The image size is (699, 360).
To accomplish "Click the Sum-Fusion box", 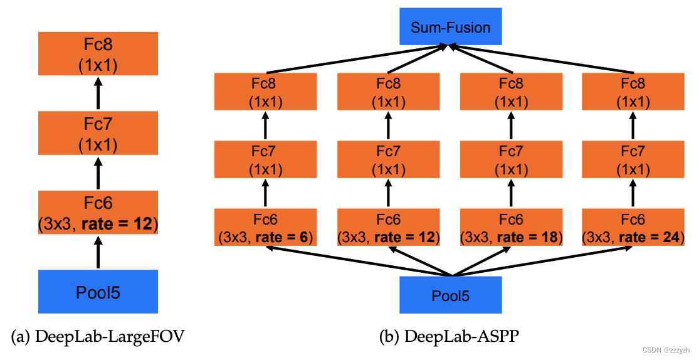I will coord(451,27).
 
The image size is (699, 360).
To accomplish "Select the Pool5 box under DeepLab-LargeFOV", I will coord(98,292).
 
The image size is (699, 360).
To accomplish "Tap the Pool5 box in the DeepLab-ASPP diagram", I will coord(451,295).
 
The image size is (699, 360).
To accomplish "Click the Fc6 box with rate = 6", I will coord(265,228).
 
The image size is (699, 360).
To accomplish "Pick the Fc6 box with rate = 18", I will coord(512,228).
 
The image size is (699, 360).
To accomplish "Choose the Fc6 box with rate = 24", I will coord(633,228).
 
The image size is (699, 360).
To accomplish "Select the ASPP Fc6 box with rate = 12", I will coord(388,228).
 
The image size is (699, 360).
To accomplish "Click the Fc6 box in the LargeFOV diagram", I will coord(98,213).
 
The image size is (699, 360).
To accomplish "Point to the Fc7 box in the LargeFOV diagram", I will coord(98,134).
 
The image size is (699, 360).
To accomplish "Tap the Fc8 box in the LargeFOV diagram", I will coord(98,55).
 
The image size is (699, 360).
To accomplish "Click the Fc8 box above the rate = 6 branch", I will coord(265,91).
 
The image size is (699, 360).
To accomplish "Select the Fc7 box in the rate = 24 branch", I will coord(633,159).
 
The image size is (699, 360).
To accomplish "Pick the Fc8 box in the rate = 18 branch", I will coord(512,91).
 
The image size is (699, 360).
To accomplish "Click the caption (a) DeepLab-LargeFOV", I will coord(98,337).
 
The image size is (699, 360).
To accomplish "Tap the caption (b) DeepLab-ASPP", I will coord(449,337).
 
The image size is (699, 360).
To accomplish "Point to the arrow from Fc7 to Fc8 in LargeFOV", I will coord(98,95).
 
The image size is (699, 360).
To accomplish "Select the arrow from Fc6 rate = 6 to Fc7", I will coord(265,193).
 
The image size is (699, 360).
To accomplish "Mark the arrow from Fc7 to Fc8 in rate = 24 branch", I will coord(633,125).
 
